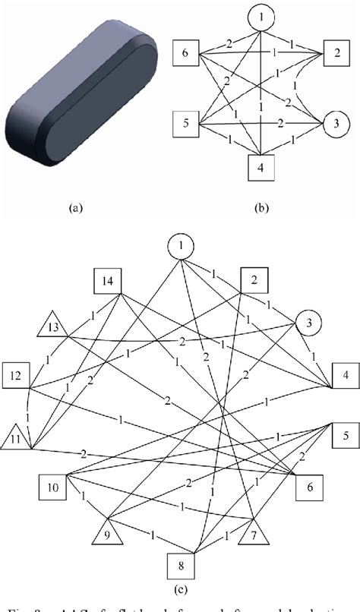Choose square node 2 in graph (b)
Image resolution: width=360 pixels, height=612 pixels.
[x=333, y=54]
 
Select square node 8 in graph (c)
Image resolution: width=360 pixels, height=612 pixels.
[x=180, y=564]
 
